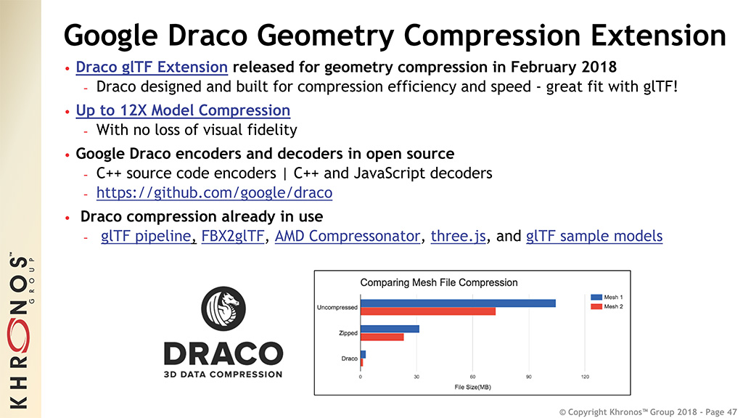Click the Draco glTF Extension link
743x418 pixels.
click(152, 67)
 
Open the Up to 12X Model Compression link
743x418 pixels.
click(183, 110)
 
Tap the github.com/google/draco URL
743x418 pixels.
click(214, 193)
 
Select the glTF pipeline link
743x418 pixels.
click(146, 236)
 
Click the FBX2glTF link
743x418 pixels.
click(233, 236)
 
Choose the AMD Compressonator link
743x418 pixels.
click(348, 236)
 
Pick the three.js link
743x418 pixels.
click(459, 236)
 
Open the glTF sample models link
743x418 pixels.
click(594, 236)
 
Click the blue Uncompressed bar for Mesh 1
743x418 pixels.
click(459, 303)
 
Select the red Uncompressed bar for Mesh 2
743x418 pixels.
click(428, 311)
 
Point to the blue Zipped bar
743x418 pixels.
click(390, 329)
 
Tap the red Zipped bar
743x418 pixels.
click(382, 337)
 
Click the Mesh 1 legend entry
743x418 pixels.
click(607, 297)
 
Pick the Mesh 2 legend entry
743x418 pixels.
click(607, 307)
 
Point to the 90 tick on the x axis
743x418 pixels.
click(528, 377)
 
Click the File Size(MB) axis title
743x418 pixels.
click(472, 388)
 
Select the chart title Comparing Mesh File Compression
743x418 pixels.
click(439, 282)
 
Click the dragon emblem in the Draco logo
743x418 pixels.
click(223, 308)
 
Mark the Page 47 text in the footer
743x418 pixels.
click(721, 412)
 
